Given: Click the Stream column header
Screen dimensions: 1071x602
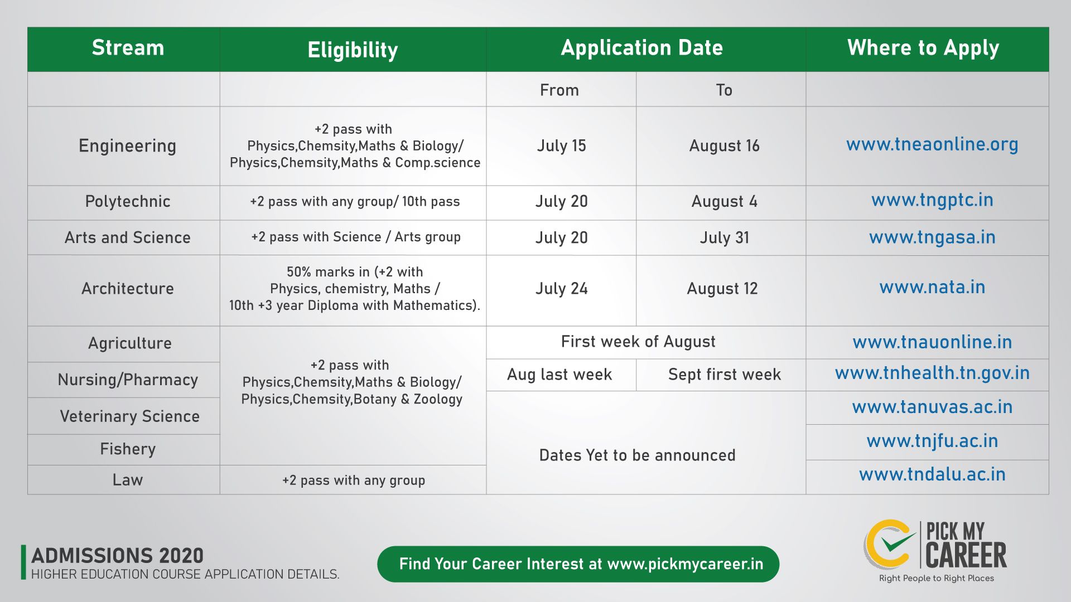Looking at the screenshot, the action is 128,48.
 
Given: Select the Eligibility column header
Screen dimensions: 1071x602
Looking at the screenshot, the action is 353,50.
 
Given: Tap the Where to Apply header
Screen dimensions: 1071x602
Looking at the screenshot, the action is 923,48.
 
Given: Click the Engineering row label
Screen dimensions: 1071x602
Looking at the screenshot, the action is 127,145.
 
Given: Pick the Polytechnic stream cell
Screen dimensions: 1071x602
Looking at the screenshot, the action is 128,201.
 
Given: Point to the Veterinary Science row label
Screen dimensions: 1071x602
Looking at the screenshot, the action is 129,416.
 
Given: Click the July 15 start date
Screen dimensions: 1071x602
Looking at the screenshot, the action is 561,146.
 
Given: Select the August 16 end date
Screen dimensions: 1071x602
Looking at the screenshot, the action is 724,146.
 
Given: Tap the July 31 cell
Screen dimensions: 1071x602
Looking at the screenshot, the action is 724,238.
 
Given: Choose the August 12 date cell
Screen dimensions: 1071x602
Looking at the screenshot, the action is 722,289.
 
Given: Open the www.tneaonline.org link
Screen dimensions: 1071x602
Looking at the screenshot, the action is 932,144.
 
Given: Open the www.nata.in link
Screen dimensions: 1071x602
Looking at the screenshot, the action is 932,287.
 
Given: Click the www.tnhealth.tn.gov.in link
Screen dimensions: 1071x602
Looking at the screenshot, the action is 932,373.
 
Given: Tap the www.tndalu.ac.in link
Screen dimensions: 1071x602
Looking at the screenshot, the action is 932,474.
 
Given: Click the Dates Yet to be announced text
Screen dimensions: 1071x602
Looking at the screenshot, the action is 637,455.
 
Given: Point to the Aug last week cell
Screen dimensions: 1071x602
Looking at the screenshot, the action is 559,375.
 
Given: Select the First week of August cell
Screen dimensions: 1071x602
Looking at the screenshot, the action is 638,342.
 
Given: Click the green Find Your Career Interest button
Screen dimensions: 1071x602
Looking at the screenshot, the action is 578,564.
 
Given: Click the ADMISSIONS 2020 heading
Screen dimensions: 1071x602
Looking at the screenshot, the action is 117,556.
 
